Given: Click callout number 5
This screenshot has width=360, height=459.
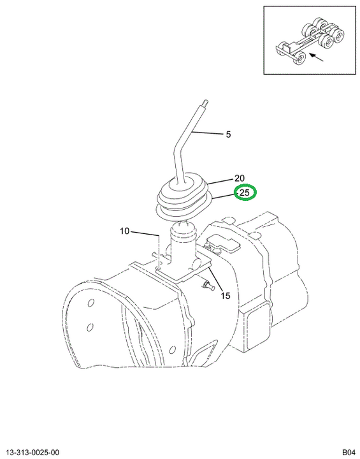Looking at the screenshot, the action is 228,135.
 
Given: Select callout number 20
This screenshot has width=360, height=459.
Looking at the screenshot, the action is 239,178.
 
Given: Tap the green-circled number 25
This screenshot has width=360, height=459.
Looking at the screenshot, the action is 245,193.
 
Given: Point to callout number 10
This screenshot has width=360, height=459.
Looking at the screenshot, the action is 124,231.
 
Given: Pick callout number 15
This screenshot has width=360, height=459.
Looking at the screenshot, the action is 226,296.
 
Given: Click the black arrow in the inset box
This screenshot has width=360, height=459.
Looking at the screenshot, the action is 316,57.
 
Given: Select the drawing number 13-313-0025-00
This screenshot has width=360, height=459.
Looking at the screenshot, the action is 32,453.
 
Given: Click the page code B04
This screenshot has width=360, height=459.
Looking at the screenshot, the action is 349,453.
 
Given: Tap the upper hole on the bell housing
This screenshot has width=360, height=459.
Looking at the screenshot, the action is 90,303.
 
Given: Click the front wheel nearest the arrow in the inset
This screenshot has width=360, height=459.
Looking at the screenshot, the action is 299,59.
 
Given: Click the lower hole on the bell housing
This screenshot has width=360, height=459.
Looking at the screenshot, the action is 90,326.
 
